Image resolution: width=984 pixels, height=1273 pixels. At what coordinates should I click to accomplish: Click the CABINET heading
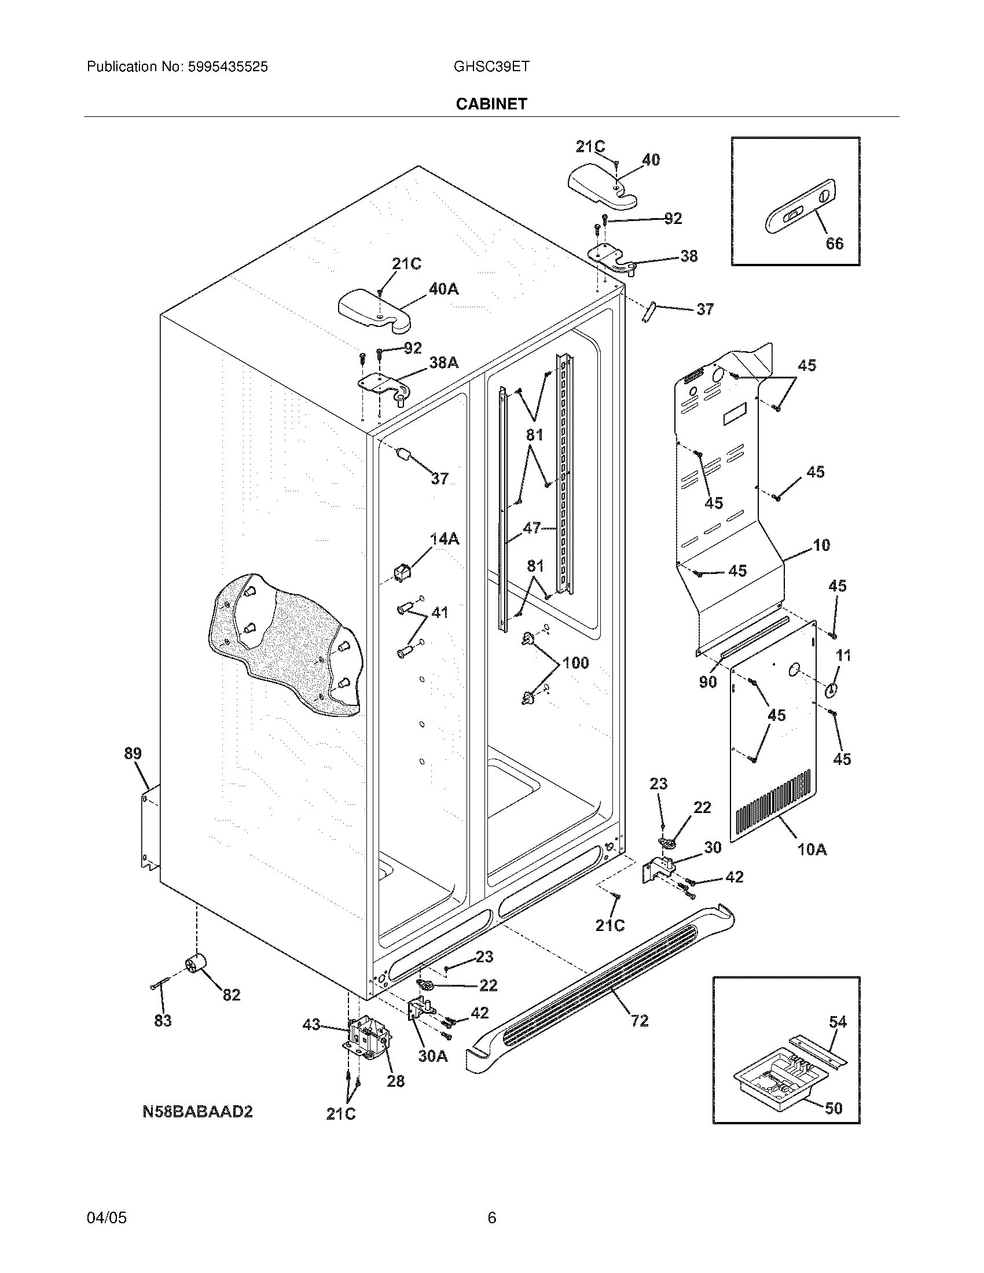[x=491, y=104]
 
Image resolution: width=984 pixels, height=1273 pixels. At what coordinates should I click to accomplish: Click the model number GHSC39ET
[x=491, y=67]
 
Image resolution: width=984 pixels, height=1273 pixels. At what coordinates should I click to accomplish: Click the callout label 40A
[x=443, y=289]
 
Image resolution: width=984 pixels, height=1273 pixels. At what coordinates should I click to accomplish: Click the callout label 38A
[x=443, y=363]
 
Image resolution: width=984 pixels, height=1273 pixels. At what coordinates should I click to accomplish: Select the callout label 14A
[x=444, y=539]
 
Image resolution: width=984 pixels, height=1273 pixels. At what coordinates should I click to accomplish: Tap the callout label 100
[x=575, y=663]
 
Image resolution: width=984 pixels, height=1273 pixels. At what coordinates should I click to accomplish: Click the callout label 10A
[x=812, y=850]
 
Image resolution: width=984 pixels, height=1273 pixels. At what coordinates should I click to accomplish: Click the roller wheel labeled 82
[x=196, y=966]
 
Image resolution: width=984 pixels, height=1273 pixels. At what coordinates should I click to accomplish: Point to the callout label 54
[x=838, y=1021]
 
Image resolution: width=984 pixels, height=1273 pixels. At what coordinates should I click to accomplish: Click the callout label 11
[x=843, y=656]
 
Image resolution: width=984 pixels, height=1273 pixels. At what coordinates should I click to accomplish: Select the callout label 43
[x=311, y=1024]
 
